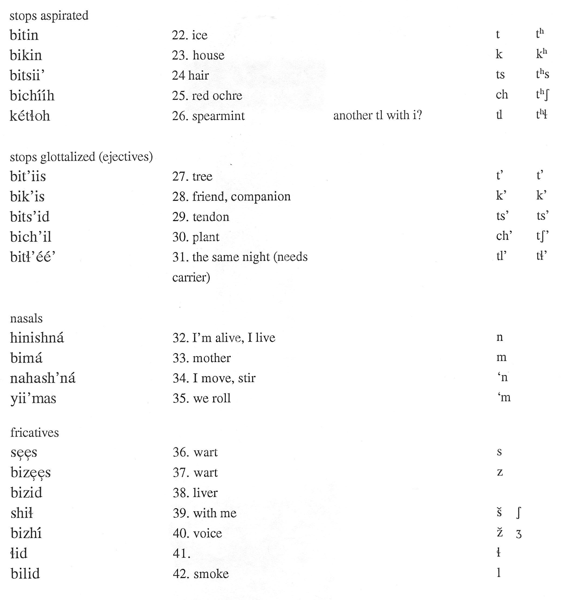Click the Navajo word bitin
(x=24, y=35)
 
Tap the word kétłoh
(x=30, y=116)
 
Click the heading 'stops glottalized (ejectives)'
(x=81, y=157)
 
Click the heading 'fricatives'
(x=35, y=433)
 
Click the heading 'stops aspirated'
(x=49, y=16)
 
